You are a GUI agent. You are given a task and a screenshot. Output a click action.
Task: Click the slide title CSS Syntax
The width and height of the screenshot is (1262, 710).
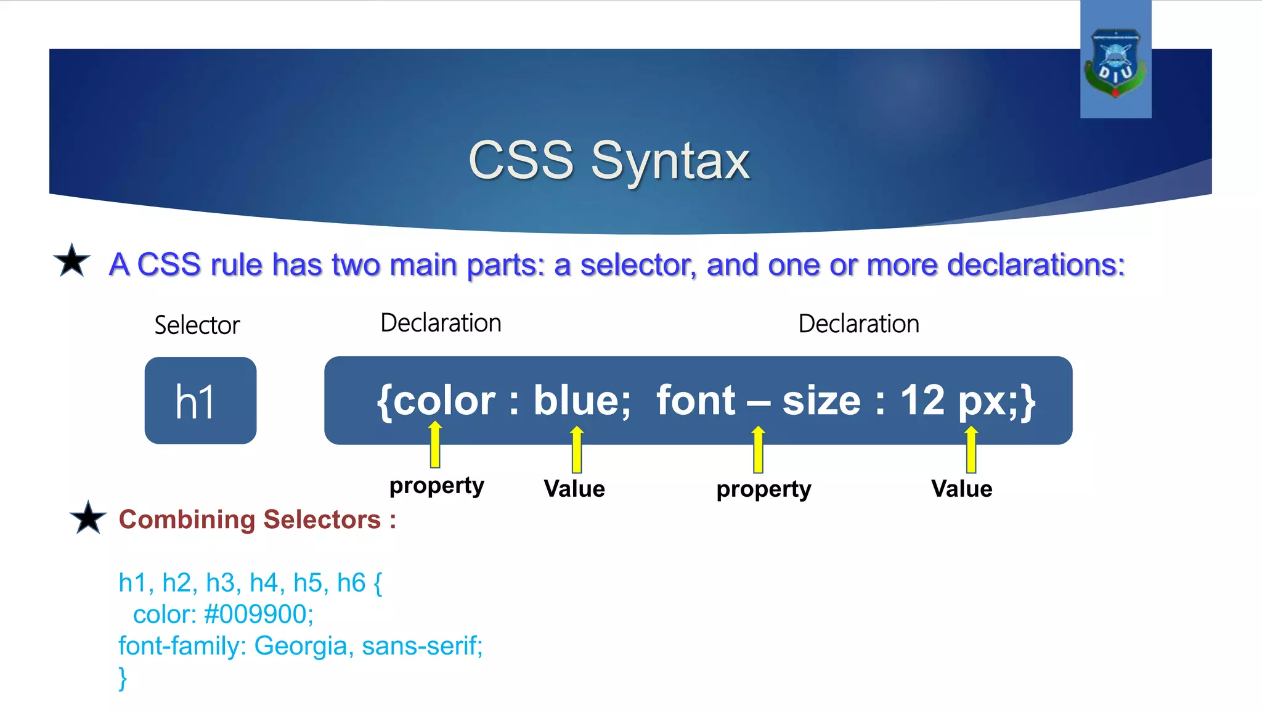[x=609, y=161]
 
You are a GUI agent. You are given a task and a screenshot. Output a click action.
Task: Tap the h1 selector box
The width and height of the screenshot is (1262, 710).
[x=200, y=401]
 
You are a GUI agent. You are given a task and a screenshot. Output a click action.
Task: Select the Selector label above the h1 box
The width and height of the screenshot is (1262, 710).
[x=197, y=325]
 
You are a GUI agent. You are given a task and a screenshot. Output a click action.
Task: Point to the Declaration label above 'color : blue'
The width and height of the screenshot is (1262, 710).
[x=441, y=323]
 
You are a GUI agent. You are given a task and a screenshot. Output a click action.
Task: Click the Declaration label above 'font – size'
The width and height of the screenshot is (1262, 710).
[x=858, y=324]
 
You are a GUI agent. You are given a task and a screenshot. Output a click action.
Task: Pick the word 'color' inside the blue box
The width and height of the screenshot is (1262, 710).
[x=444, y=401]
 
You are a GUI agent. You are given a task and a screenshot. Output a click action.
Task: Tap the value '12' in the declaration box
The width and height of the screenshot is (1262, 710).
[x=922, y=401]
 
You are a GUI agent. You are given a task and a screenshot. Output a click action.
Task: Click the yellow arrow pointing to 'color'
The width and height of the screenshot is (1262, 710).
[x=435, y=445]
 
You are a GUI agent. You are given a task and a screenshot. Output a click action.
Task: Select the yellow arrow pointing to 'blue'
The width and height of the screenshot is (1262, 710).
[x=577, y=449]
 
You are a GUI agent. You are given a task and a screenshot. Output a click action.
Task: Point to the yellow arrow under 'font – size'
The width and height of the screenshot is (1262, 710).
[x=758, y=449]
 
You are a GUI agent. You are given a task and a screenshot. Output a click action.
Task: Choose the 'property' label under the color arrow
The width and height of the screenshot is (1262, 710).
[x=436, y=486]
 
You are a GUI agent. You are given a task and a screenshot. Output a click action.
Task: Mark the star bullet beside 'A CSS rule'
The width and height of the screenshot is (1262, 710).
[x=72, y=261]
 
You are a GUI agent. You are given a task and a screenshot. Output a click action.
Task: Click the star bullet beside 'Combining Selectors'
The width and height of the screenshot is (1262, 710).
[x=88, y=518]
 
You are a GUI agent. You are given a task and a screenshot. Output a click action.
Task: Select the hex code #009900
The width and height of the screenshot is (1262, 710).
[x=258, y=614]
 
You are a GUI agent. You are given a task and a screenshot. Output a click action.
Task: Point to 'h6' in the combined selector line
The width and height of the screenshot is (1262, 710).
[x=351, y=582]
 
